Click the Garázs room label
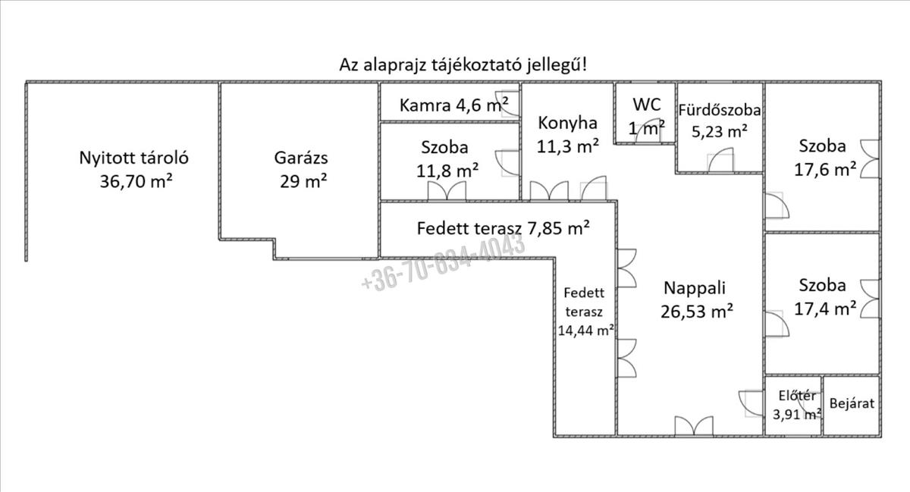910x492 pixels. click(x=301, y=158)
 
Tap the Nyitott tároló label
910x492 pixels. click(x=134, y=158)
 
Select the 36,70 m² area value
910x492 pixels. click(x=136, y=181)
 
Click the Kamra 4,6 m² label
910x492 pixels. click(x=453, y=105)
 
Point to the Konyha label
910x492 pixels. click(x=567, y=123)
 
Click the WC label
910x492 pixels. click(x=647, y=105)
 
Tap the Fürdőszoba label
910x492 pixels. click(x=720, y=110)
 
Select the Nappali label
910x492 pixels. click(x=695, y=287)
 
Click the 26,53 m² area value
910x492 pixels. click(x=697, y=312)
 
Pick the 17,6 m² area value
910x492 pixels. click(x=825, y=169)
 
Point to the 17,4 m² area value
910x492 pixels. click(x=825, y=309)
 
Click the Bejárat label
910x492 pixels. click(x=852, y=403)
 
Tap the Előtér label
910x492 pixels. click(x=798, y=395)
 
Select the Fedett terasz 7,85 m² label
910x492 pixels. click(x=503, y=228)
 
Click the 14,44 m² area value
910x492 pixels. click(x=585, y=331)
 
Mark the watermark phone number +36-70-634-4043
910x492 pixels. click(x=444, y=263)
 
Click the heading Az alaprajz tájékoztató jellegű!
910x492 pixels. click(x=463, y=65)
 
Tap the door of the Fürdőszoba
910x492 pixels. click(x=720, y=160)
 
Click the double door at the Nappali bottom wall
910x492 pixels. click(x=694, y=426)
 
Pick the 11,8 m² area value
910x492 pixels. click(x=447, y=171)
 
